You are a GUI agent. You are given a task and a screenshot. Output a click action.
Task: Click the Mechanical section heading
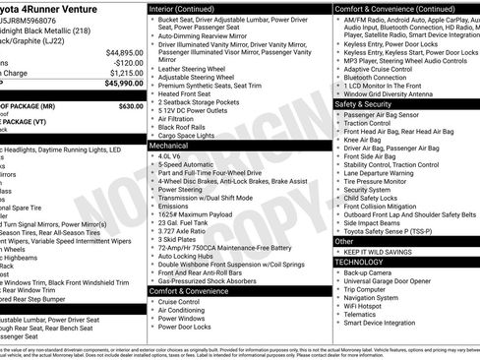pos(169,144)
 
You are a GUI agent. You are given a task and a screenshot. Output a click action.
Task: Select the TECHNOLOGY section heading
pos(361,262)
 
